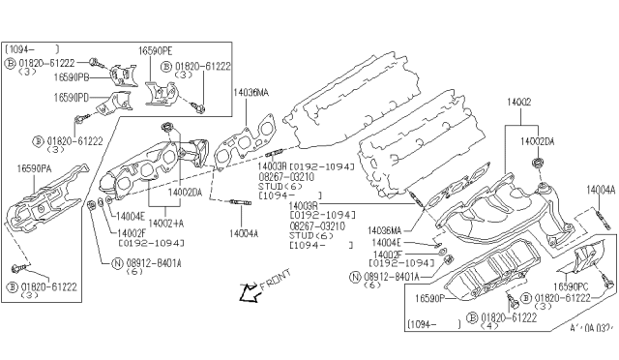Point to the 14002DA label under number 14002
pos(538,141)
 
